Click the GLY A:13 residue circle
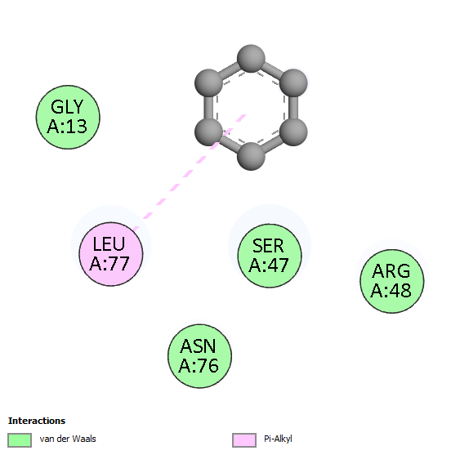[68, 117]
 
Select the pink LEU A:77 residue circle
[111, 254]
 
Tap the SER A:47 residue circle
[270, 256]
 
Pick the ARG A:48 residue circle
[392, 281]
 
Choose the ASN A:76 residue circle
[199, 356]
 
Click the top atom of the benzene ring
[251, 59]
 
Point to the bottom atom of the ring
[251, 156]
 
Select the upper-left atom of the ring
[209, 83]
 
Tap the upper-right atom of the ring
[293, 83]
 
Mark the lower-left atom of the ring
[209, 132]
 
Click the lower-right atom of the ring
[293, 132]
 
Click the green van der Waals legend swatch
[20, 440]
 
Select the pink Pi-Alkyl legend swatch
[244, 440]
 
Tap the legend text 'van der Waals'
[68, 439]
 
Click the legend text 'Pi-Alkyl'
[278, 439]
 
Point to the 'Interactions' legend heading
[37, 421]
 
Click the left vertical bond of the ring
[209, 107]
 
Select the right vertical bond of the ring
[293, 107]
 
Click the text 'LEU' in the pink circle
[109, 243]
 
